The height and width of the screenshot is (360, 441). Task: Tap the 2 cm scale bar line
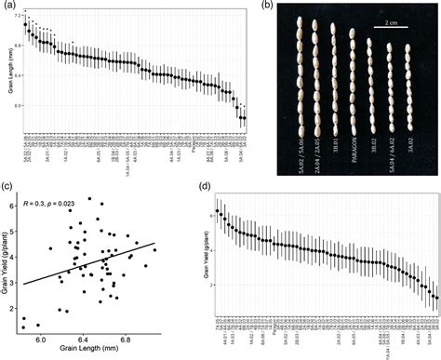coord(390,40)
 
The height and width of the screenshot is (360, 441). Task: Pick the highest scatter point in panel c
coord(89,198)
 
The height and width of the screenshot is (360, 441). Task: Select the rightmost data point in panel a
coord(245,118)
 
